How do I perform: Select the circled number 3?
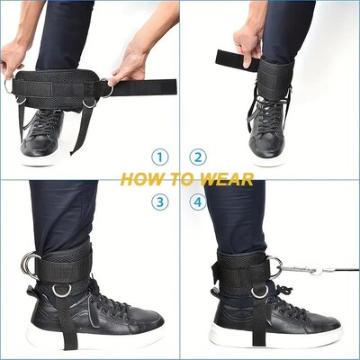click(159, 202)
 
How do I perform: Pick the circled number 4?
click(198, 202)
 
